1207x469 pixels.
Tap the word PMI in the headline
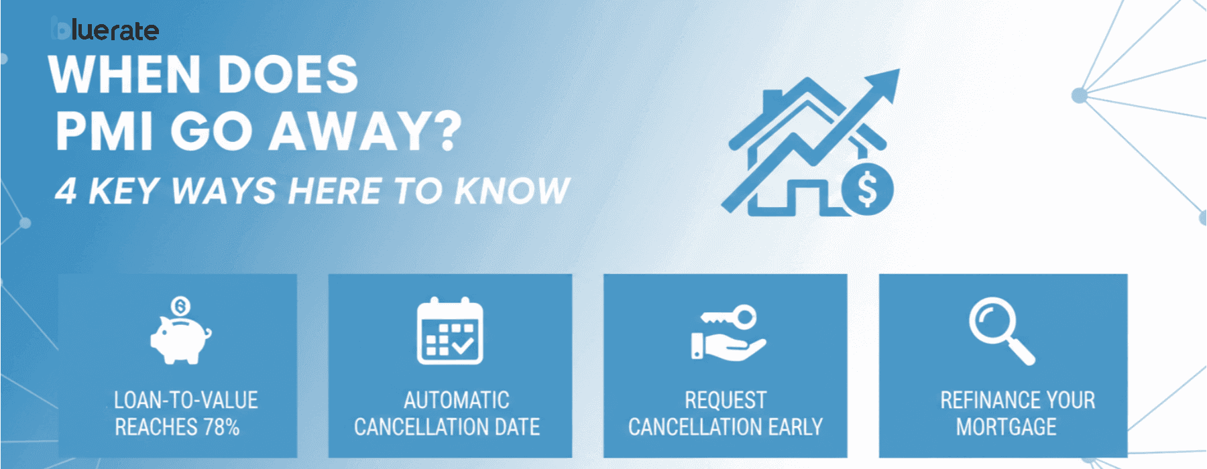(x=104, y=131)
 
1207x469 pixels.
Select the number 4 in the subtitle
(x=66, y=191)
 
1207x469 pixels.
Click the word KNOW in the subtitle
(x=512, y=191)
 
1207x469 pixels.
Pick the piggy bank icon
(x=180, y=338)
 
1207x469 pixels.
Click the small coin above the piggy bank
(x=180, y=307)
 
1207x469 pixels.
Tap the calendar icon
(x=450, y=332)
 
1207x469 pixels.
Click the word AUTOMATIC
(x=456, y=400)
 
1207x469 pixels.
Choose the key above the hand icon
(x=731, y=317)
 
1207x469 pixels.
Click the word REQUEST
(x=725, y=400)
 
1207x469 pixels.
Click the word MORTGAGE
(x=1006, y=427)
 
